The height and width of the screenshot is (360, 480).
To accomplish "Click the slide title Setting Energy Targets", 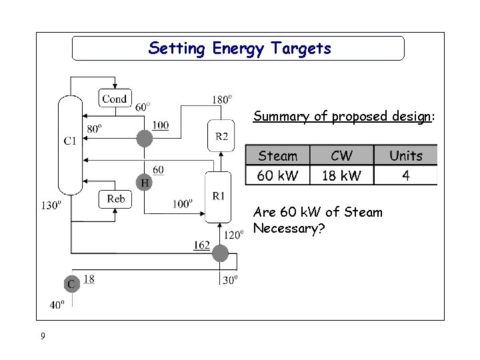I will [239, 48].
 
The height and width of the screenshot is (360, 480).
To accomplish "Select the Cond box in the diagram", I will [115, 99].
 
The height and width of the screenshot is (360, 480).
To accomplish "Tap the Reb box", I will [116, 199].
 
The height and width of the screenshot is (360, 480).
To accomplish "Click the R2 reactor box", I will [222, 137].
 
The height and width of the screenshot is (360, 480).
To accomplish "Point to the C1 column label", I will [70, 141].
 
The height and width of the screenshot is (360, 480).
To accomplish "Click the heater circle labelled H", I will [143, 181].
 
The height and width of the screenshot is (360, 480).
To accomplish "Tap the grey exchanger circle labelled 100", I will [144, 138].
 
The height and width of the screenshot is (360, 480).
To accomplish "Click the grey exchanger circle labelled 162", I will [220, 253].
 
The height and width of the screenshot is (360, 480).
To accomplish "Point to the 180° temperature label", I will [222, 99].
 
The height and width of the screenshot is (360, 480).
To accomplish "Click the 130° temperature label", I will [52, 205].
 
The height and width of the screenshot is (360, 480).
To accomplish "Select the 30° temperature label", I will [229, 281].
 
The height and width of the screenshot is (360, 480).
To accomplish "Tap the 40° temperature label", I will [58, 305].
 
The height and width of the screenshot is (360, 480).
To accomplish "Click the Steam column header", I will [277, 156].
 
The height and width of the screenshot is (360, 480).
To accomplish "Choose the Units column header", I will [405, 156].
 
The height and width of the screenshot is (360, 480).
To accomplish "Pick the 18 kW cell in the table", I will [341, 175].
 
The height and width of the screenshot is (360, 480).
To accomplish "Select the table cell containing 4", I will [405, 175].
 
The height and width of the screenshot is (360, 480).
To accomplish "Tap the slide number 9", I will [43, 336].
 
